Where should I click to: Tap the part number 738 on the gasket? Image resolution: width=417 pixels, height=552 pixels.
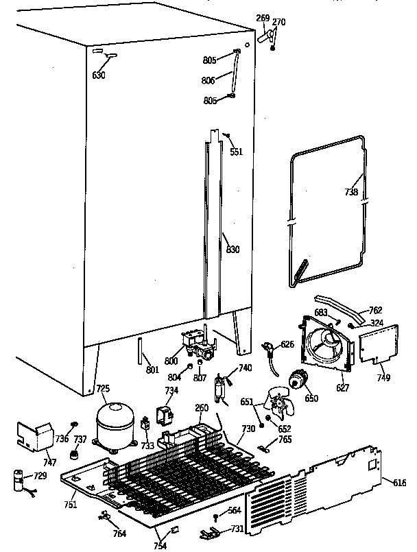click(351, 192)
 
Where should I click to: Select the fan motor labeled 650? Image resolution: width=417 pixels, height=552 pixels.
click(299, 379)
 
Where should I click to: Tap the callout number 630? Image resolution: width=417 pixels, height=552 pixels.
click(99, 75)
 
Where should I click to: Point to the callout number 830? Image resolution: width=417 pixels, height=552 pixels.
click(233, 250)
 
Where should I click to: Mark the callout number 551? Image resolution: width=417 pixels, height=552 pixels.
click(236, 152)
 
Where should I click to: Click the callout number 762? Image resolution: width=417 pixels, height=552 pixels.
click(376, 311)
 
